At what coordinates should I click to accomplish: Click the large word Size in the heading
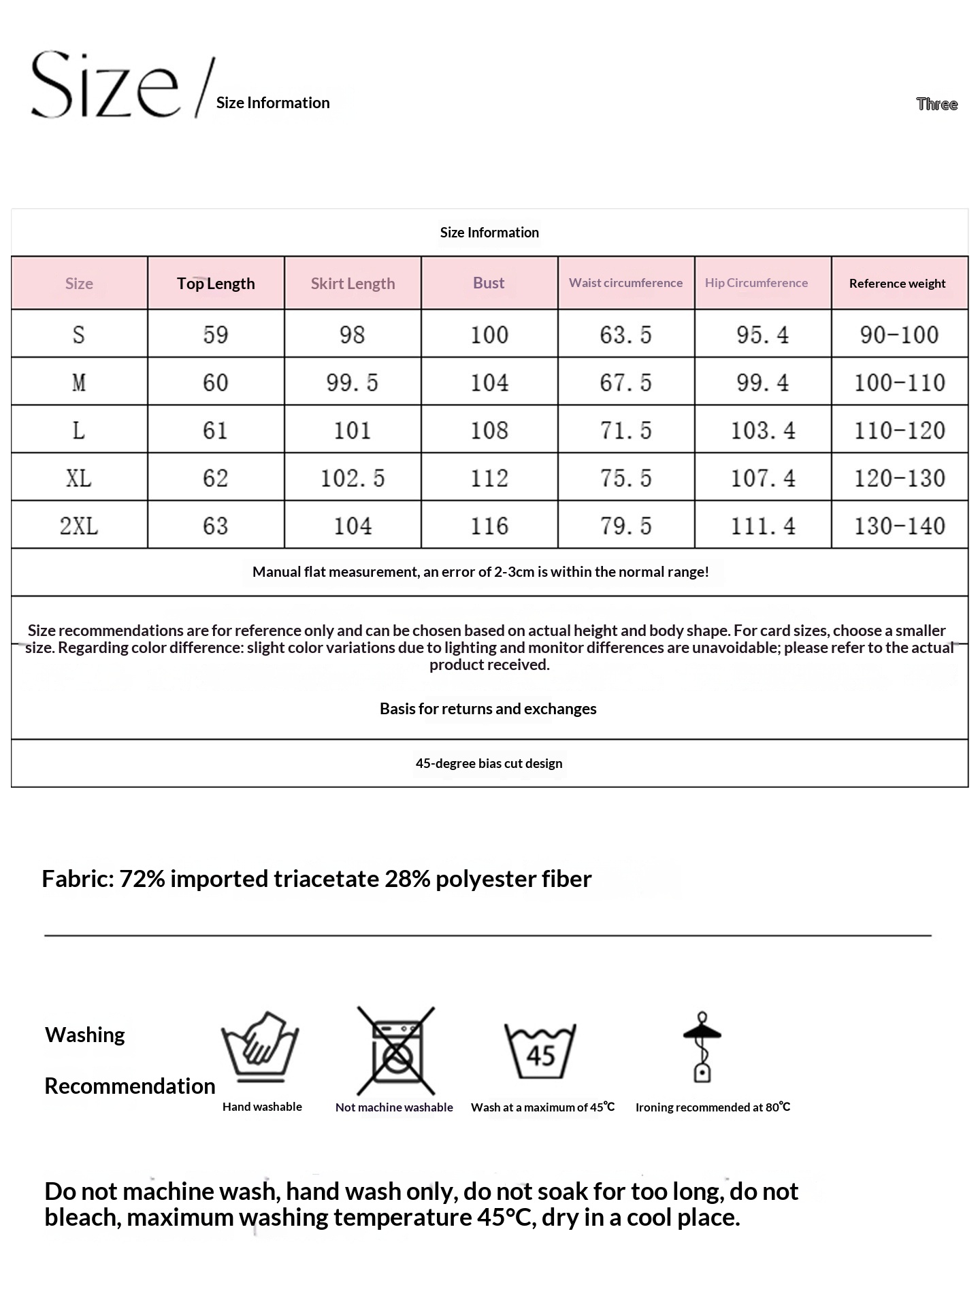click(x=105, y=86)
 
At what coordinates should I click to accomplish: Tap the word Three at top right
click(x=936, y=104)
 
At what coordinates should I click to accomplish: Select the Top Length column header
click(x=216, y=284)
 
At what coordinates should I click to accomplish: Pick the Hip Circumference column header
click(x=756, y=283)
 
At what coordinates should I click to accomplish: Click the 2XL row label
click(x=79, y=526)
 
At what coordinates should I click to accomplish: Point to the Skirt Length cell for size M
click(x=352, y=383)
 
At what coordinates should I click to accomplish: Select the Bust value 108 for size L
click(x=489, y=431)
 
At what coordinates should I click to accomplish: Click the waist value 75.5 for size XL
click(x=625, y=478)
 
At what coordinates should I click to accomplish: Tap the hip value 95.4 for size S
click(x=762, y=335)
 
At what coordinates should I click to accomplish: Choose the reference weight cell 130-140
click(x=899, y=526)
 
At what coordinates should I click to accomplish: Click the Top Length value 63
click(x=215, y=526)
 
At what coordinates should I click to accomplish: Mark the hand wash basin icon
click(x=260, y=1047)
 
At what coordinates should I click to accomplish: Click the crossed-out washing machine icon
click(x=395, y=1051)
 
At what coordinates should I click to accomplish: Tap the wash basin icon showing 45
click(x=540, y=1051)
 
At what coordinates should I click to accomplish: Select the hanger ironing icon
click(x=702, y=1047)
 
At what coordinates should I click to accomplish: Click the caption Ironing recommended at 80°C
click(x=713, y=1107)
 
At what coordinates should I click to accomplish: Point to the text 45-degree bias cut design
click(x=489, y=763)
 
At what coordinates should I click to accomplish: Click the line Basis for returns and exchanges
click(x=488, y=709)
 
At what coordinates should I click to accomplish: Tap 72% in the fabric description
click(x=142, y=879)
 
